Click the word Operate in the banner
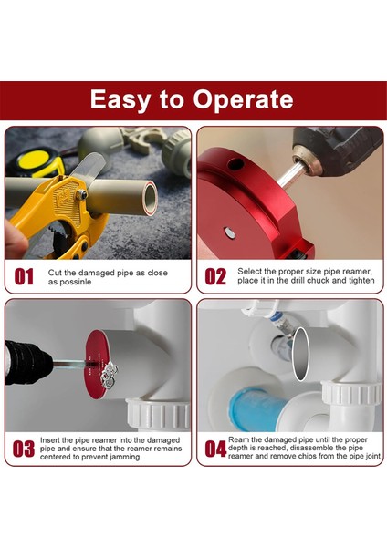coord(243,99)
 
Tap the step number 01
coord(24,277)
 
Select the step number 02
coord(215,277)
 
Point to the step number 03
coord(24,449)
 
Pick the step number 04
coord(215,449)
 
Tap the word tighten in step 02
coord(361,280)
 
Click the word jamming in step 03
coord(124,457)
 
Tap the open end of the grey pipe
coord(151,198)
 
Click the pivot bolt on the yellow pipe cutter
coord(82,193)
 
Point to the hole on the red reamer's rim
coord(236,163)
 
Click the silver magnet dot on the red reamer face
coord(229,232)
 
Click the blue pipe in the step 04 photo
coord(257,408)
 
